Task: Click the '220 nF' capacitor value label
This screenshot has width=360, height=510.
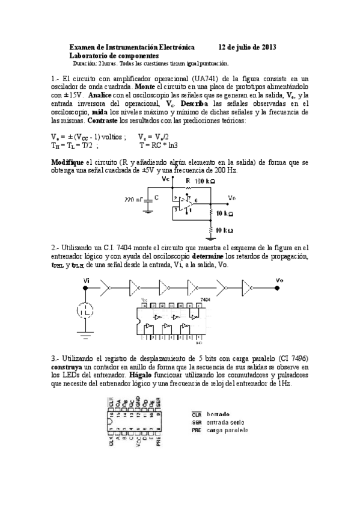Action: tap(134, 198)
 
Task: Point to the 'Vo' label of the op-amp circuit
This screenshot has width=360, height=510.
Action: tap(232, 197)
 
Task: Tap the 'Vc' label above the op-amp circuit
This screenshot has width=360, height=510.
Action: tap(166, 179)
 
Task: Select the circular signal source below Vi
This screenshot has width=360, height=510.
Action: tap(85, 311)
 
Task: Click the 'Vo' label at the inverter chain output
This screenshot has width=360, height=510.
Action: tap(279, 280)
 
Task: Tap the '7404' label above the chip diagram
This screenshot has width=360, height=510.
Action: tap(205, 298)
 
